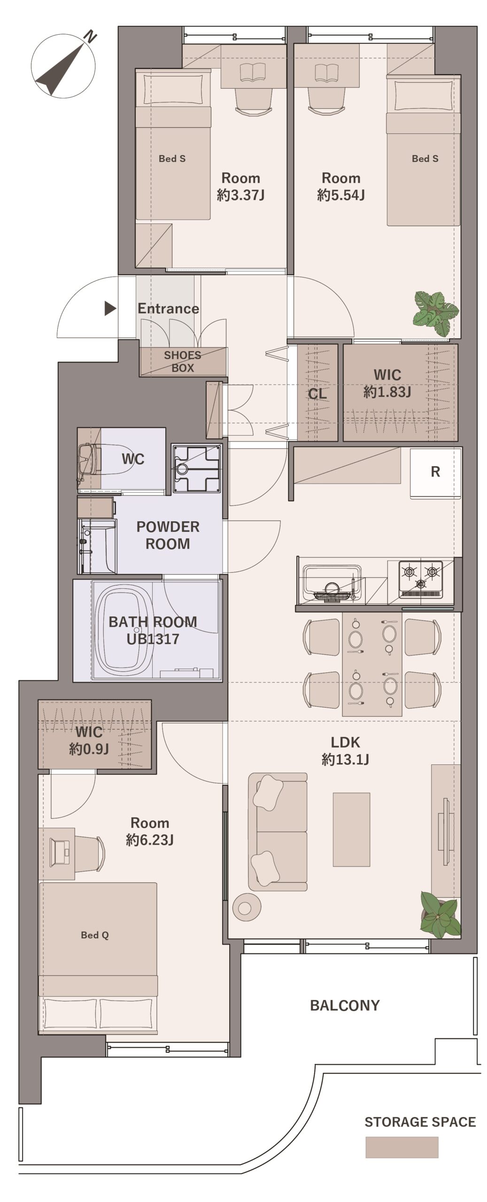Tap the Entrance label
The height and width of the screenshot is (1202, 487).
(x=168, y=308)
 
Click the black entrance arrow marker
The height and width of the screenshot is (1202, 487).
(x=110, y=308)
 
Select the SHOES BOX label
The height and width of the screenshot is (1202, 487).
(x=183, y=362)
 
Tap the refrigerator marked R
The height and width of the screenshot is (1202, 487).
(x=435, y=473)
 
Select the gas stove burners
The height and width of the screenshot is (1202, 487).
(x=420, y=579)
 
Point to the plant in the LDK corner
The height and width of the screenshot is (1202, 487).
(x=440, y=915)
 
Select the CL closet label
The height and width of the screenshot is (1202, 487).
(x=317, y=393)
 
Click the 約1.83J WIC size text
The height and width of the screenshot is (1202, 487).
(x=387, y=392)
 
